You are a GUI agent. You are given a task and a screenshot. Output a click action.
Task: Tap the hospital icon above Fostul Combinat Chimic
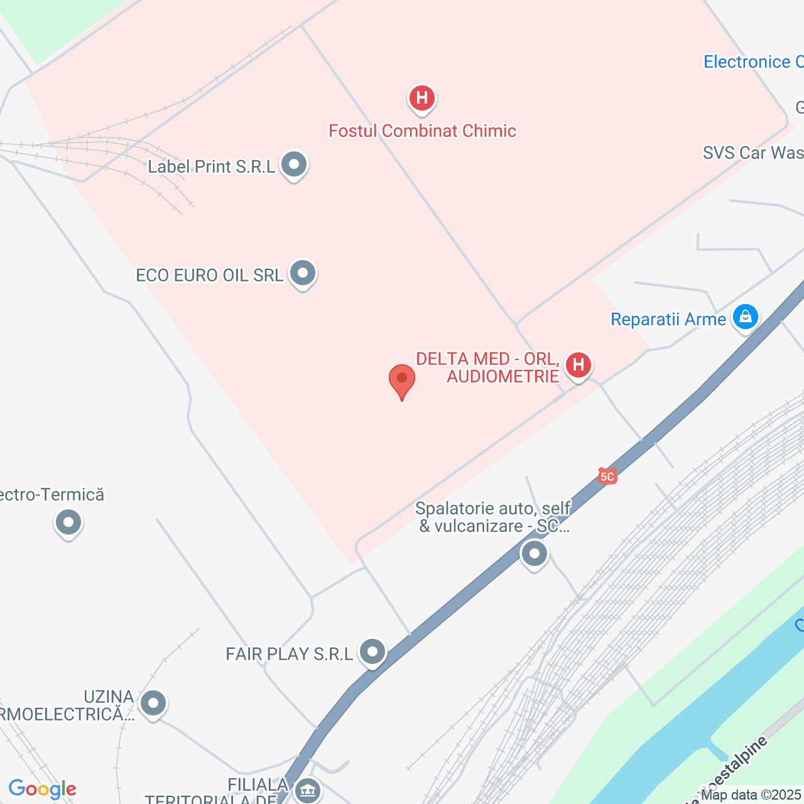[422, 99]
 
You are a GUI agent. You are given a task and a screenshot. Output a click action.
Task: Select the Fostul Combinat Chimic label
[422, 131]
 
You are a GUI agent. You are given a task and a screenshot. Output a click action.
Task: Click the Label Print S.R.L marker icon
[293, 165]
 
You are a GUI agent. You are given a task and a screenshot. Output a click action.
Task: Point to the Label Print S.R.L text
[212, 166]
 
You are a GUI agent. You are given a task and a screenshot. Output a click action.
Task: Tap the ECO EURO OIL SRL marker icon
[303, 274]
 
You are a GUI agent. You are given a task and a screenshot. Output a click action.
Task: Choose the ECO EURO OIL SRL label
[209, 275]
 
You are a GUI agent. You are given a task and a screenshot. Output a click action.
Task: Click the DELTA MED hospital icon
[578, 365]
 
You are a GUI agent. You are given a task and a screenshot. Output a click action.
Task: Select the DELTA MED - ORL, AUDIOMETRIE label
[487, 367]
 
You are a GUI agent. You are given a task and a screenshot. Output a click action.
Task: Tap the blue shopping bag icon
[745, 317]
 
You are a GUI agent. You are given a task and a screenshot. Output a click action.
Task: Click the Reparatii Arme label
[668, 320]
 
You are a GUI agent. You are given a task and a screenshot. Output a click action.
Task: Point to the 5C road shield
[607, 476]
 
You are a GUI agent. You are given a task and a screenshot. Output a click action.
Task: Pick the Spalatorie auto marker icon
[535, 554]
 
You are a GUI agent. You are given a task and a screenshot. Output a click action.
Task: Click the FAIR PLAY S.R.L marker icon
[372, 652]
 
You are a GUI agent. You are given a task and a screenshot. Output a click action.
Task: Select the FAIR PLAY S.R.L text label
[289, 654]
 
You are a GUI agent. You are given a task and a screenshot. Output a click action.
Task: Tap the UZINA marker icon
[153, 703]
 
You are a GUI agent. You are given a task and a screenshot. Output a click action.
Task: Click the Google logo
[43, 789]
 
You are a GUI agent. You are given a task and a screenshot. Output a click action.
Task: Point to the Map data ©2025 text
[751, 795]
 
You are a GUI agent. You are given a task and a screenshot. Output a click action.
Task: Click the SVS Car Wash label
[752, 153]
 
